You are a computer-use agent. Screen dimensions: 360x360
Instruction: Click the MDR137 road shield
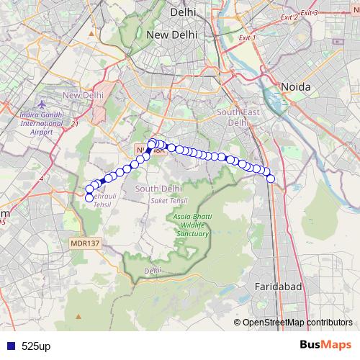[84, 243]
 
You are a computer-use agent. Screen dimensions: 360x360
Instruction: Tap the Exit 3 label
[310, 12]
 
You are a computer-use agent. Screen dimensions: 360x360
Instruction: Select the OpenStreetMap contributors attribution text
[297, 322]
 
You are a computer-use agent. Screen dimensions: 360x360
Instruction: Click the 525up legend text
[36, 346]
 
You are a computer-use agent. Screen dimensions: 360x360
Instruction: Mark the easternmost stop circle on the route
[271, 179]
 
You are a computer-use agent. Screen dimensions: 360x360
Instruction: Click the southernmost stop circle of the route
[89, 198]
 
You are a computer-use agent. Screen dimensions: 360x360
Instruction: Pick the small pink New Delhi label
[84, 95]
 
